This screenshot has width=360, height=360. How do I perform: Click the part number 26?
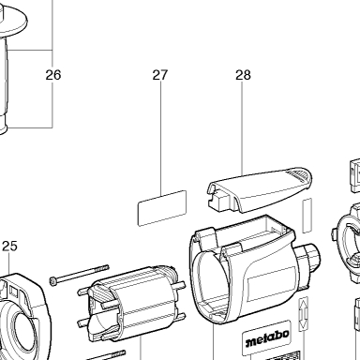coord(53,75)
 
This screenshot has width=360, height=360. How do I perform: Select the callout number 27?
coord(160,75)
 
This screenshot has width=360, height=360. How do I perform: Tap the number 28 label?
coord(243,75)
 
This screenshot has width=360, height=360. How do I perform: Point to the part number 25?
coord(9,247)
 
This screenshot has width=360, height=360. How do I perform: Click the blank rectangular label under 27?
coord(162,208)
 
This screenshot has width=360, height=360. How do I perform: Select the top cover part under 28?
coord(260,189)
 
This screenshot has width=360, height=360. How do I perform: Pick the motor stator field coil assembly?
coord(131,303)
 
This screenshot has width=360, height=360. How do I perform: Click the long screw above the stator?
coord(80,275)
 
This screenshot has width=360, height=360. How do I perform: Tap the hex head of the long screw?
coord(53,281)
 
